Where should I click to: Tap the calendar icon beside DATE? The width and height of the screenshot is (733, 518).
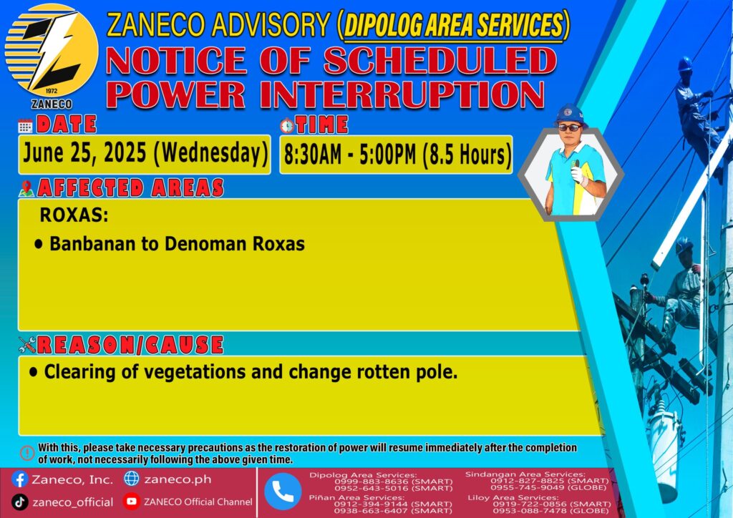tap(25, 126)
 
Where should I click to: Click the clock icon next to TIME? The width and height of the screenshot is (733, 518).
tap(287, 126)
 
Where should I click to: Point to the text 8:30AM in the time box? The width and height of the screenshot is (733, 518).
tap(313, 155)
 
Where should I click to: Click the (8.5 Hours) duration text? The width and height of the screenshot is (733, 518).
tap(467, 155)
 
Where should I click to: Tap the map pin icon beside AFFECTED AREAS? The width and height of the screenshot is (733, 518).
tap(26, 188)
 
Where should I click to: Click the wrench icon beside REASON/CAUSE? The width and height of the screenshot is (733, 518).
tap(27, 345)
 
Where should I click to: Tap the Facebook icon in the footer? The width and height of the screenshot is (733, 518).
tap(19, 479)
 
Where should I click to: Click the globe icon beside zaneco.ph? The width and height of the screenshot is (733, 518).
tap(132, 479)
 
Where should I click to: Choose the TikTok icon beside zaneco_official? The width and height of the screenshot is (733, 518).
tap(19, 502)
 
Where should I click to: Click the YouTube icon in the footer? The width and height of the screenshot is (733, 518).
tap(132, 502)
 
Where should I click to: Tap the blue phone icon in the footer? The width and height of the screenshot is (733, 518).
tap(283, 492)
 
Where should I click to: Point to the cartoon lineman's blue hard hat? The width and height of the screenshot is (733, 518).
tap(569, 114)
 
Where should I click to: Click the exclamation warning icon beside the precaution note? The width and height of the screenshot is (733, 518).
tap(27, 453)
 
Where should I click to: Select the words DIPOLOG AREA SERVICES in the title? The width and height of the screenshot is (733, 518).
tap(453, 25)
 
